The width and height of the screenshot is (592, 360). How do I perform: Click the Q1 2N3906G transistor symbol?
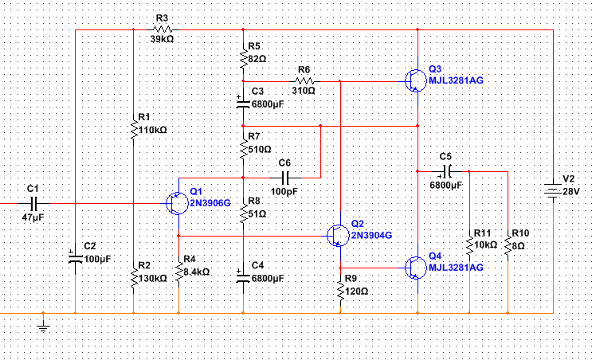(x=177, y=203)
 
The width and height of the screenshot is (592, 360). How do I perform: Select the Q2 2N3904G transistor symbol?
(x=338, y=236)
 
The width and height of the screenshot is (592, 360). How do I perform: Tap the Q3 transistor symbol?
(x=416, y=80)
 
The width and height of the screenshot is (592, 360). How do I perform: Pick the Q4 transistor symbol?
(x=416, y=268)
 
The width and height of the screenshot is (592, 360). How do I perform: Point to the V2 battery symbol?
(x=553, y=190)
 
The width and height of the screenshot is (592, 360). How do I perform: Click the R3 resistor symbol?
(x=163, y=29)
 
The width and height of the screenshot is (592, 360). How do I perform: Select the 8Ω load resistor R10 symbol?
(x=508, y=245)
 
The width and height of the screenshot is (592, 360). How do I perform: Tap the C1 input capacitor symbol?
(x=33, y=203)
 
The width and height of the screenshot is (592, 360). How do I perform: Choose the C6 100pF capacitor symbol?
(x=285, y=178)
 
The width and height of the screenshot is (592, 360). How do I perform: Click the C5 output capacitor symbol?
(x=446, y=172)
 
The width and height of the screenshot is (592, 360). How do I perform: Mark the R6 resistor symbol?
(x=304, y=81)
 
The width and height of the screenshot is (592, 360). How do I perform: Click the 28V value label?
(x=570, y=192)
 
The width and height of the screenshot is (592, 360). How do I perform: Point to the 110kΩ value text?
(x=152, y=130)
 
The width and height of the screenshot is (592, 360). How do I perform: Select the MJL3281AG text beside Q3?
(x=456, y=80)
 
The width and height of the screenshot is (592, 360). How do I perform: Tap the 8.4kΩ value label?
(x=196, y=272)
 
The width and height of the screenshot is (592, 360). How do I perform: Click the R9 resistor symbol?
(x=340, y=291)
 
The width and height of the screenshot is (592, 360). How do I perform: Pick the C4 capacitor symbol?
(x=243, y=278)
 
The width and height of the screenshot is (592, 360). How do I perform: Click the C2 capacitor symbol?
(x=75, y=259)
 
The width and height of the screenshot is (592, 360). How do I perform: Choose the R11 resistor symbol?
(x=469, y=245)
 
